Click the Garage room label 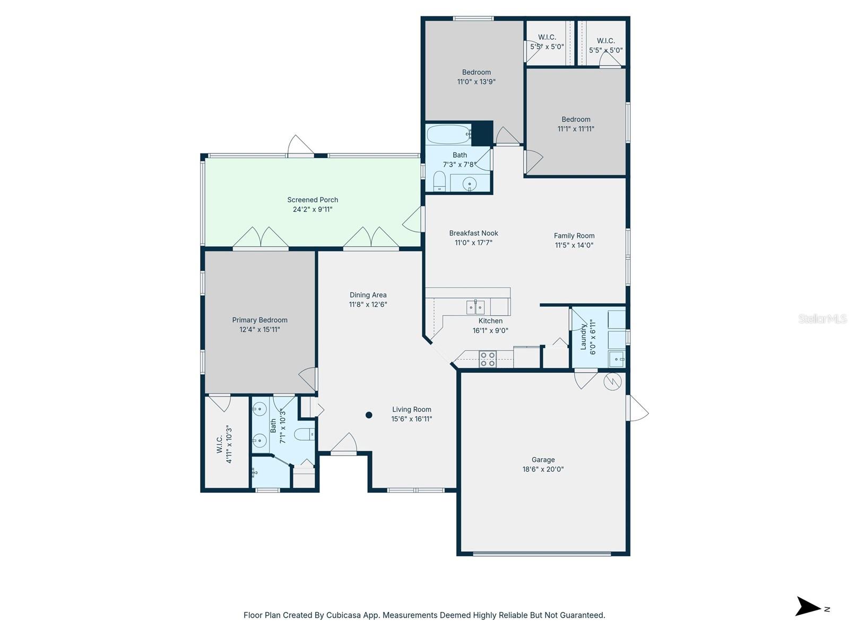click(543, 460)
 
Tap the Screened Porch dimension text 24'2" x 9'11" click(313, 209)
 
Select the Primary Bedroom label click(259, 320)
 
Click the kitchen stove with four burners click(488, 359)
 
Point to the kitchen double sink click(475, 307)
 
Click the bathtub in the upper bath click(448, 134)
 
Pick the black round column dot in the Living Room click(369, 415)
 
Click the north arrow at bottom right click(808, 606)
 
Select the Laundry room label click(583, 337)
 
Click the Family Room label click(574, 236)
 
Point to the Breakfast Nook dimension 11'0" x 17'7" click(473, 243)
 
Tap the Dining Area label click(368, 295)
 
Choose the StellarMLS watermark click(822, 318)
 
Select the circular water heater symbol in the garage click(612, 381)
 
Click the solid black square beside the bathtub click(482, 133)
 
